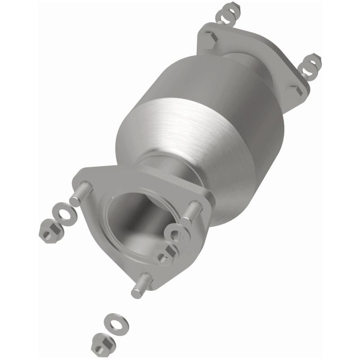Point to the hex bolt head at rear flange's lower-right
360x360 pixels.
point(297,91)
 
